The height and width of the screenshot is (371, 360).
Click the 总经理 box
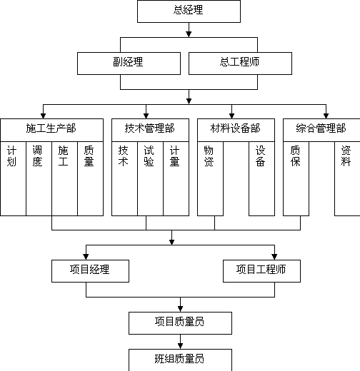pos(189,11)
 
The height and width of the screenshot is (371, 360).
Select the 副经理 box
pos(129,63)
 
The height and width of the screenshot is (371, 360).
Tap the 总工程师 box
pos(240,63)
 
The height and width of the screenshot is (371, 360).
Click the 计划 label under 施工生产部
pos(11,156)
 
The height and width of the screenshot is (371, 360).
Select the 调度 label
pos(37,156)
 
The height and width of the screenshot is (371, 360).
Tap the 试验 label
pos(149,156)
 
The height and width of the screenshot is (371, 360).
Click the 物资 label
pos(209,156)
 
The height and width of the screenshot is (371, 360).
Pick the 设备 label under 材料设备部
pos(260,156)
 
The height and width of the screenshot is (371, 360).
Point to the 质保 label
pos(295,156)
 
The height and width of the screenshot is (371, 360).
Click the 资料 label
pos(346,156)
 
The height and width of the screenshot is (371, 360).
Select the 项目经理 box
pos(90,271)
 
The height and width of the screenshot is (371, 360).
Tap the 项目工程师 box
pos(261,271)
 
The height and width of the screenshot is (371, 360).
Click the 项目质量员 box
pos(180,323)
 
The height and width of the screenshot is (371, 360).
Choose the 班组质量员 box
pos(180,360)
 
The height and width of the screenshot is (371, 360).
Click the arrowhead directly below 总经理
pos(189,34)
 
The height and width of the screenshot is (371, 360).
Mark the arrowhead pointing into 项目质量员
pos(180,309)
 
